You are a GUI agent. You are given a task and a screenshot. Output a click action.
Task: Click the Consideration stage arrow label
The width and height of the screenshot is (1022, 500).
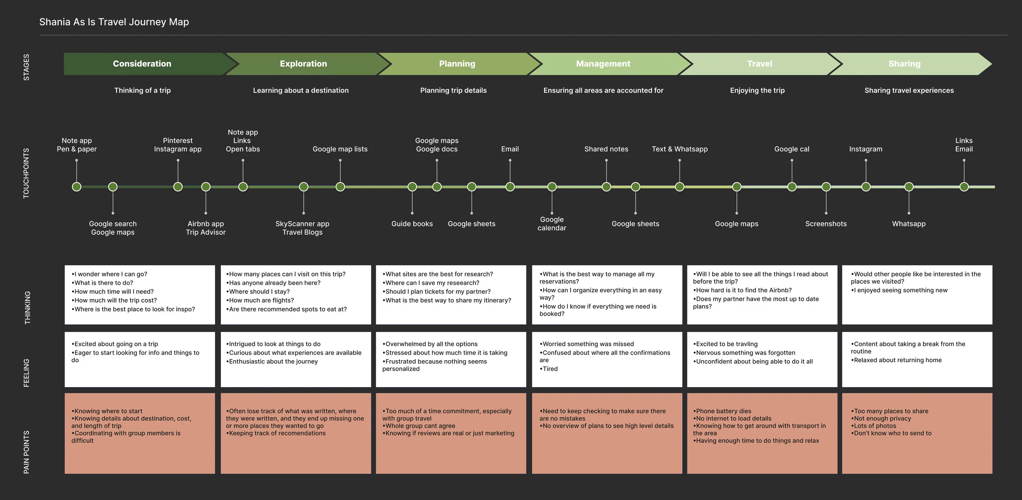[x=142, y=64]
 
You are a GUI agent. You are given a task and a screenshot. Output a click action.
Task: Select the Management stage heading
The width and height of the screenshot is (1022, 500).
[x=603, y=64]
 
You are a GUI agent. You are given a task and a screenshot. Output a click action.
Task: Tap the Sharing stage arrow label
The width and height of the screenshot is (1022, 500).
[x=904, y=64]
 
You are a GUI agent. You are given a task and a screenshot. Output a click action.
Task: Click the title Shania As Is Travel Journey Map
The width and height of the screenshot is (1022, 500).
[x=114, y=22]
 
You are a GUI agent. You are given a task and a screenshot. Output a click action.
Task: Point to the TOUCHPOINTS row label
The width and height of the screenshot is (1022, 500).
[x=26, y=173]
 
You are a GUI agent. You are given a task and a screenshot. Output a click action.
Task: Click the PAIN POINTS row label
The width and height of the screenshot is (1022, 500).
[x=26, y=452]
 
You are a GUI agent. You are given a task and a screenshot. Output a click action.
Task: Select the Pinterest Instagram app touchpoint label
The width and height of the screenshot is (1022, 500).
[x=178, y=145]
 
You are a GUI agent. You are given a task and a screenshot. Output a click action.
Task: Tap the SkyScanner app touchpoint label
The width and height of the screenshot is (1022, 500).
[x=302, y=224]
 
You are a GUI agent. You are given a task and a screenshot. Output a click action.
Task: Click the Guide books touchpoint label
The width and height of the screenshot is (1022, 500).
[x=412, y=224]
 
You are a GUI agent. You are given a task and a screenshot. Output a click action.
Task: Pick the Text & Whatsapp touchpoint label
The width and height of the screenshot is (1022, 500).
[x=679, y=149]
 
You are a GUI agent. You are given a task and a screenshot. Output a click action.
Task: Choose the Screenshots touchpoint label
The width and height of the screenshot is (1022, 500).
[x=826, y=224]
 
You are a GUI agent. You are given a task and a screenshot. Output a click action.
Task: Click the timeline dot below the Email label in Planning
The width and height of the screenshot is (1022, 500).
[x=510, y=187]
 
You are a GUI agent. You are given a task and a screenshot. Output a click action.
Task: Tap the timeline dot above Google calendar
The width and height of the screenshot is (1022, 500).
[x=552, y=187]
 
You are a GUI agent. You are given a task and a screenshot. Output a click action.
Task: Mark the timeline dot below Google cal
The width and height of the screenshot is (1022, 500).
[x=792, y=187]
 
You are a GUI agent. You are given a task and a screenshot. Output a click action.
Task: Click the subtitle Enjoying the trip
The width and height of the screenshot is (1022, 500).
[x=757, y=90]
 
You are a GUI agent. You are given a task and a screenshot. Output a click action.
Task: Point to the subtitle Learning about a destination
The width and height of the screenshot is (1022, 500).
[x=300, y=90]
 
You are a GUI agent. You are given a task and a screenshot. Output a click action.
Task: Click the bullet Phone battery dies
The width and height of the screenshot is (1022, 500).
[x=723, y=411]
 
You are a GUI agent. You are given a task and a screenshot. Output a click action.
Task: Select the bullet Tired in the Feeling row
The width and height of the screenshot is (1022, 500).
[x=549, y=369]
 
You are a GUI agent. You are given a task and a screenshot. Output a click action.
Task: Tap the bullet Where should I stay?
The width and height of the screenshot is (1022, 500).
[x=259, y=291]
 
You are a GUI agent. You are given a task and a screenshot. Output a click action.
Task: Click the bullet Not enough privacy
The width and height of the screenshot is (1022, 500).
[x=882, y=418]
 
